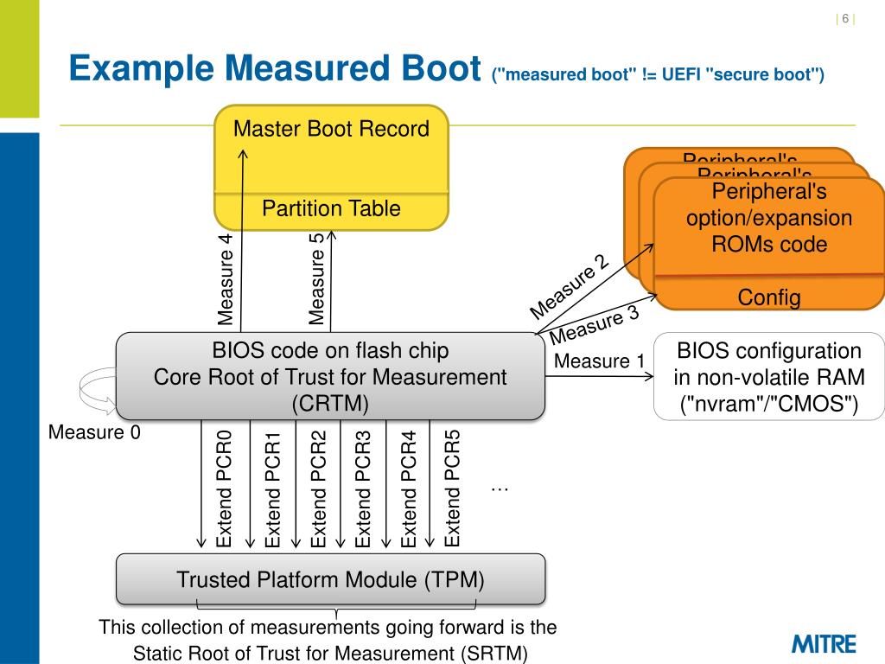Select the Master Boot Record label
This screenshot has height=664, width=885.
click(331, 130)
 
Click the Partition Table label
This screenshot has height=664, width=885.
click(331, 208)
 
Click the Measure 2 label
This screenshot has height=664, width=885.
click(570, 287)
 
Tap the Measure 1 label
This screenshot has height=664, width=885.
click(599, 361)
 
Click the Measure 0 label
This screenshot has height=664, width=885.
click(94, 431)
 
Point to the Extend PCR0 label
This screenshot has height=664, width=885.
click(225, 488)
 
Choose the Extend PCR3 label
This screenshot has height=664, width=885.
click(363, 488)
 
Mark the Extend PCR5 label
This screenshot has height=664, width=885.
click(452, 488)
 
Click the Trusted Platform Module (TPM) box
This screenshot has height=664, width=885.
click(331, 578)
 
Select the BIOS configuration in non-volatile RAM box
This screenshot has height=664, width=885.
click(769, 377)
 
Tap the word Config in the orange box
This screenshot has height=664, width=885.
click(769, 297)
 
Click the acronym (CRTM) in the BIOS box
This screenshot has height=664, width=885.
click(330, 403)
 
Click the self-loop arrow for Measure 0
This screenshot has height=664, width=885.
click(97, 391)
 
